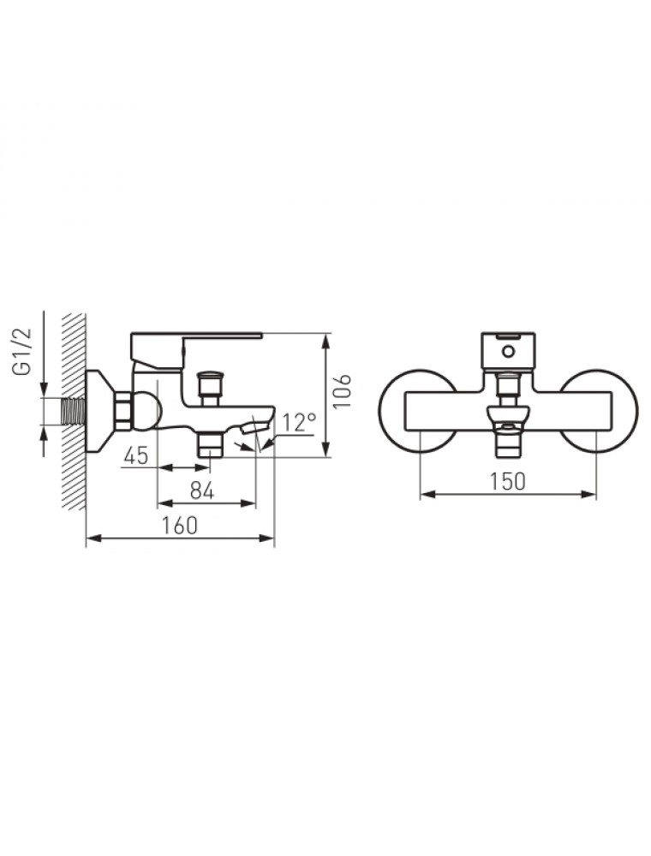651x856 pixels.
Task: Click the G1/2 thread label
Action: pos(23,351)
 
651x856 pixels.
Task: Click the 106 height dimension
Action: pos(343,391)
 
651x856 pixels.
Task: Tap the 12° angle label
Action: pos(299,422)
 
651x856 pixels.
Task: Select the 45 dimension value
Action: pos(136,455)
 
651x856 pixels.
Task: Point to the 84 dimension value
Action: pos(202,491)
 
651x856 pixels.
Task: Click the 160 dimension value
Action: pos(179,526)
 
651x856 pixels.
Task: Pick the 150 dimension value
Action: pos(507,481)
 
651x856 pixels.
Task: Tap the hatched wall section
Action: pos(74,411)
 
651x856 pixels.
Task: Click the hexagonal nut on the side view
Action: pos(122,411)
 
